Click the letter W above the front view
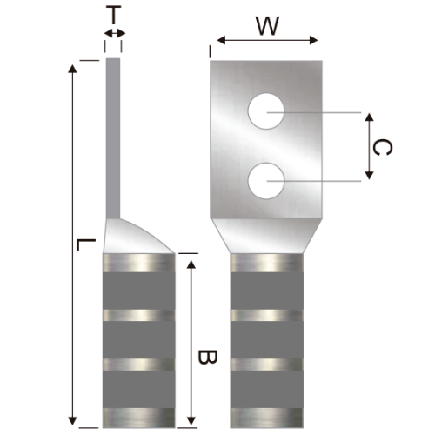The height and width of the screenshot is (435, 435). click(x=267, y=25)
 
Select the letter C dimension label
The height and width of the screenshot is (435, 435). click(x=380, y=147)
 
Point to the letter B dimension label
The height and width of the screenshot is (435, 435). click(x=205, y=358)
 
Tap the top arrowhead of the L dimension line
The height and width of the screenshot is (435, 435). click(x=71, y=65)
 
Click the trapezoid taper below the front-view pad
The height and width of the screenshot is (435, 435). click(x=266, y=233)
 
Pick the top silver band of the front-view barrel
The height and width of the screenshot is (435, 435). click(x=266, y=262)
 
